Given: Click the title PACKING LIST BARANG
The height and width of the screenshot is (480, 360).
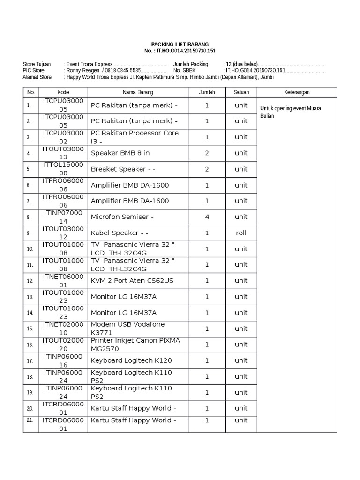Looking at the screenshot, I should click(x=180, y=44).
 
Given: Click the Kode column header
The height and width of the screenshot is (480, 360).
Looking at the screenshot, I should click(x=63, y=92).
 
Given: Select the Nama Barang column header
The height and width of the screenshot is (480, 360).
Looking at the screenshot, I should click(x=138, y=92).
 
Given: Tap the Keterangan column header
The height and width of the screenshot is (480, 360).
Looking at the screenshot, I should click(x=297, y=92).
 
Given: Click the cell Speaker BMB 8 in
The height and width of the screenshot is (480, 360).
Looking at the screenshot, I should click(x=120, y=153).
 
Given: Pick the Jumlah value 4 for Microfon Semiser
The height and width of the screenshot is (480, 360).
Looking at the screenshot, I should click(x=207, y=217).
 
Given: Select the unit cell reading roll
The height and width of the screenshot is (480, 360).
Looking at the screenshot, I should click(x=241, y=233).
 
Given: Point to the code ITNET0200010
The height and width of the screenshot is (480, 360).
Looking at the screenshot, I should click(x=63, y=329).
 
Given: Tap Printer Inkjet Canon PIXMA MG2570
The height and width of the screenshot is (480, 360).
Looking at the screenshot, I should click(x=135, y=345).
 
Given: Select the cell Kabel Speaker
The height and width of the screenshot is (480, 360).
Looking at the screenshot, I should click(x=120, y=233).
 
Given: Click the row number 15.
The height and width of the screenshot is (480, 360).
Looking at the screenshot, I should click(x=30, y=329).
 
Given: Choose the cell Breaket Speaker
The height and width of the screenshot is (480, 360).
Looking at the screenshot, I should click(x=123, y=169).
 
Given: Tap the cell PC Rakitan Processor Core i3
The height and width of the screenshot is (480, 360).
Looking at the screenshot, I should click(x=135, y=137).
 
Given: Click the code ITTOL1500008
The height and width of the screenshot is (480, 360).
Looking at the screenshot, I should click(x=63, y=169).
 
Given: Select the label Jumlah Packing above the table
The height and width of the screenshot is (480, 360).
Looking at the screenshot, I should click(x=191, y=64).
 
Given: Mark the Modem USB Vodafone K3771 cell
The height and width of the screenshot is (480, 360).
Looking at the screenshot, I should click(x=127, y=329).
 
